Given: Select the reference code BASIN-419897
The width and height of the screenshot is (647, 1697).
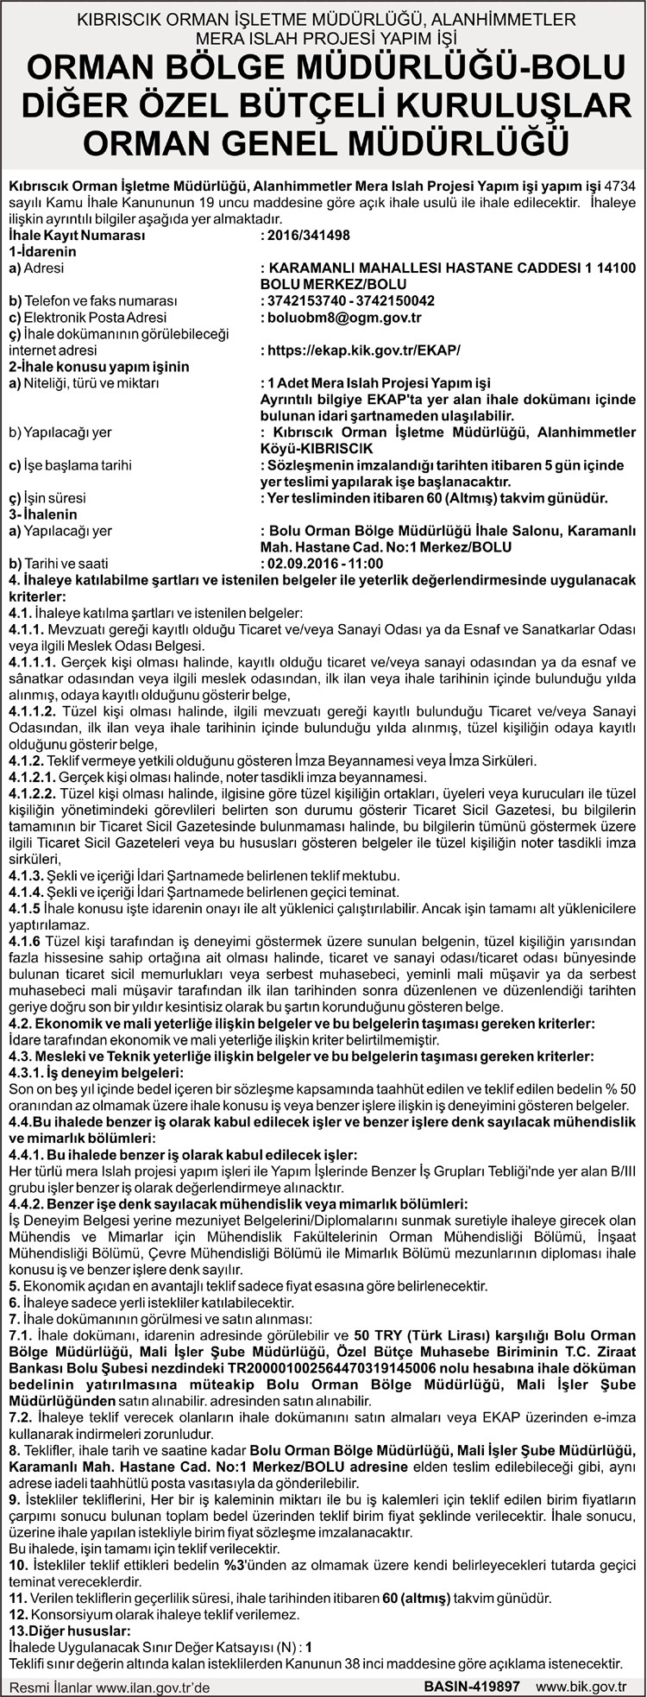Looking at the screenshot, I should coord(471,1684).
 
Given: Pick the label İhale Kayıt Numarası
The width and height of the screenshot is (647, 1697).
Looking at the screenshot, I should coord(76,235).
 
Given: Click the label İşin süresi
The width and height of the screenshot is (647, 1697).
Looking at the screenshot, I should coord(49,498).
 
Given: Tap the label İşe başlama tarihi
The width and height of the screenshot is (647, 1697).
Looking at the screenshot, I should coord(69,465).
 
